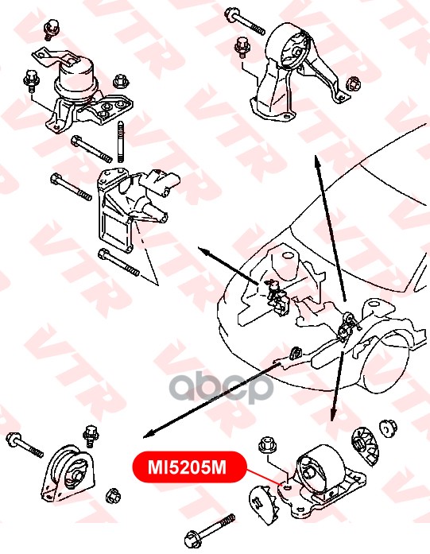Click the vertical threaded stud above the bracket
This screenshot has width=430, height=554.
tap(120, 141)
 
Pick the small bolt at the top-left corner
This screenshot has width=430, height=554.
tap(52, 29)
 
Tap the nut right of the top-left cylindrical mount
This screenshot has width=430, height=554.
tap(121, 82)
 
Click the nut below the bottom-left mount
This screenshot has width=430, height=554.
tap(113, 496)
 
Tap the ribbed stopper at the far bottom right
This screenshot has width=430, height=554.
tap(365, 446)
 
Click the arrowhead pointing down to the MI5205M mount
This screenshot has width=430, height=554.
tap(332, 416)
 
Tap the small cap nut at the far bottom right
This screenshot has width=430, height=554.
tap(388, 428)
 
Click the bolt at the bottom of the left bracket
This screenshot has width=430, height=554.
tap(118, 263)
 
